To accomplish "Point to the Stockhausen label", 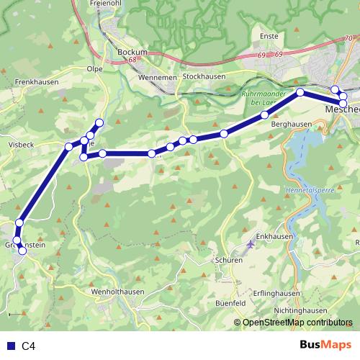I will tap(204, 76).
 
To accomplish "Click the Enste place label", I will tap(269, 35).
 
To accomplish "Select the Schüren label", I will tap(228, 260).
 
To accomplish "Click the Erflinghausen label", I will tap(276, 293).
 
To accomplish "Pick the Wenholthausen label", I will tap(118, 291).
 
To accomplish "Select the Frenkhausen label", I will tap(35, 82).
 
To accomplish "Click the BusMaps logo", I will tap(326, 346).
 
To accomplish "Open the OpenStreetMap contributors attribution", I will tap(297, 323).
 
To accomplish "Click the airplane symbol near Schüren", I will tap(250, 244).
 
